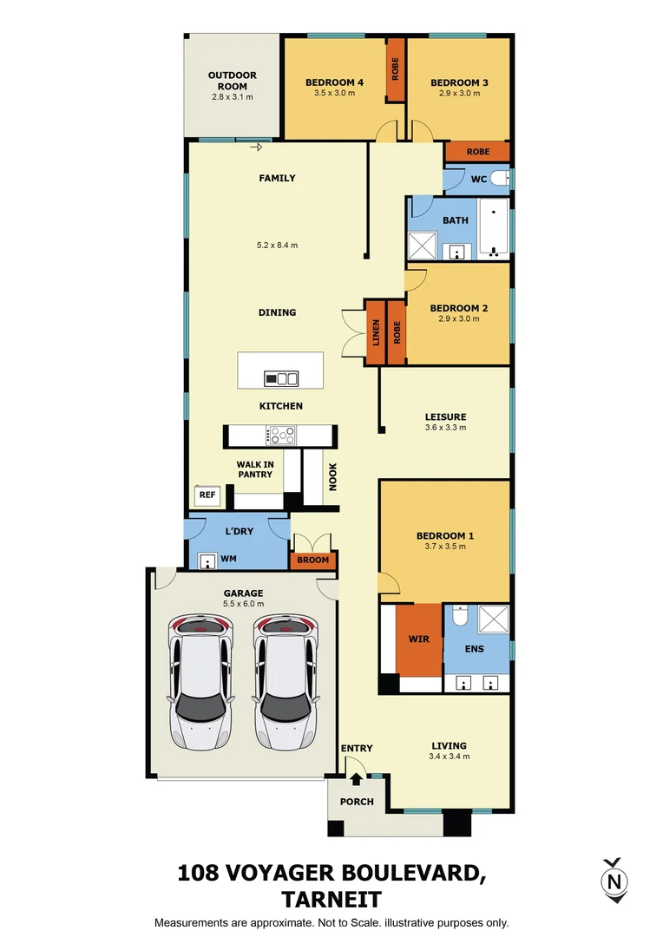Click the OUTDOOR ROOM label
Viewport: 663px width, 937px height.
233,81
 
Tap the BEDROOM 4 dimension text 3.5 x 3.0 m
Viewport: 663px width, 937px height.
334,94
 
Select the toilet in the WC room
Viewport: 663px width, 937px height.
498,179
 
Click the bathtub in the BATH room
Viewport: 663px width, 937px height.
496,230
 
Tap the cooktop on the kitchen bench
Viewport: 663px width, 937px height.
281,435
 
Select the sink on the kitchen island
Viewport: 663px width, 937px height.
281,378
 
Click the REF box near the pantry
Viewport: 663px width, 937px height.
207,495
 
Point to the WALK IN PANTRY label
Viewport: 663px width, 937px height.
255,469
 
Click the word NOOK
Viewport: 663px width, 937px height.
331,475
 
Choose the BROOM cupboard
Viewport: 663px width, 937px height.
313,560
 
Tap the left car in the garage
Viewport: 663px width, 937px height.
200,683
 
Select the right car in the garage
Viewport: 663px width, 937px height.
284,683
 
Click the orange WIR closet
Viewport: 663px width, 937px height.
418,639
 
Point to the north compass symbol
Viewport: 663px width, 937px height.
614,881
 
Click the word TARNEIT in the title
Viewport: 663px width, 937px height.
331,899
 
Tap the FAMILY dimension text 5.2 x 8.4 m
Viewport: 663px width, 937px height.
277,246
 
